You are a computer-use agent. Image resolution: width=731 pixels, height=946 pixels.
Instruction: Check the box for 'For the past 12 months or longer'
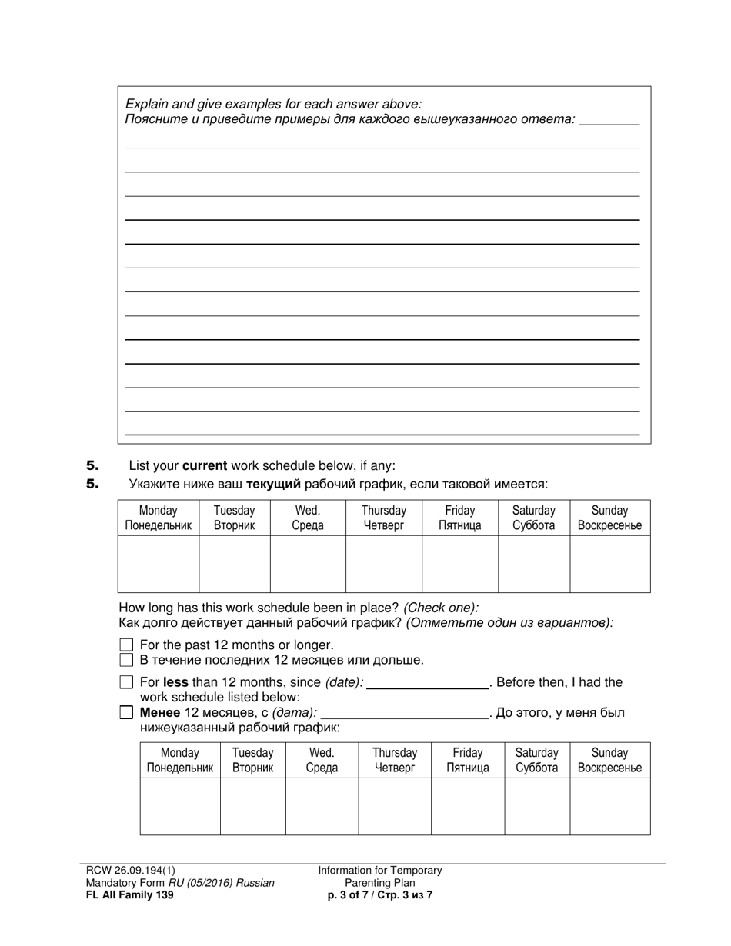pos(127,645)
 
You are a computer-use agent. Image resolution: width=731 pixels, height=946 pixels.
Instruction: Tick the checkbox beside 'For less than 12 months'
pos(127,682)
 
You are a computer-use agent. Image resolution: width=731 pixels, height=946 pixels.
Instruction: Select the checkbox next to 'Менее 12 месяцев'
pos(127,713)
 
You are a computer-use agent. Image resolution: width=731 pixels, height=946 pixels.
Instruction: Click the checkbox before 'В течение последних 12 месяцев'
pos(127,660)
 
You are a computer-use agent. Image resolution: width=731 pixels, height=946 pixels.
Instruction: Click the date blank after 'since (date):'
pos(428,682)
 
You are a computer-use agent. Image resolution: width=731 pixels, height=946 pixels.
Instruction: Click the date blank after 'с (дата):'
pos(404,713)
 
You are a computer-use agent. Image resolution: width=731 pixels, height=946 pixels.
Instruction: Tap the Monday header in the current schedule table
pos(158,518)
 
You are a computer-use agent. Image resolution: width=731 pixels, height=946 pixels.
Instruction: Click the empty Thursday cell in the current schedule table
pos(383,564)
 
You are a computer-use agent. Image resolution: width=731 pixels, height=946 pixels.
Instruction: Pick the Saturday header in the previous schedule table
pos(536,760)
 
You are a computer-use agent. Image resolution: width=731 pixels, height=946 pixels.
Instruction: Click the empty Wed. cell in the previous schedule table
pos(322,806)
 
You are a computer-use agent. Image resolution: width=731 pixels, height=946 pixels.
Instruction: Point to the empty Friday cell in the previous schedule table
pos(467,806)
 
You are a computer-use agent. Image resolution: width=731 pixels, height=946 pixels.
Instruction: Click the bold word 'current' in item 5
pos(205,465)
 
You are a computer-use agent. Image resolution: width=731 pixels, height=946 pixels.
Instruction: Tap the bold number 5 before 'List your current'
pos(93,465)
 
